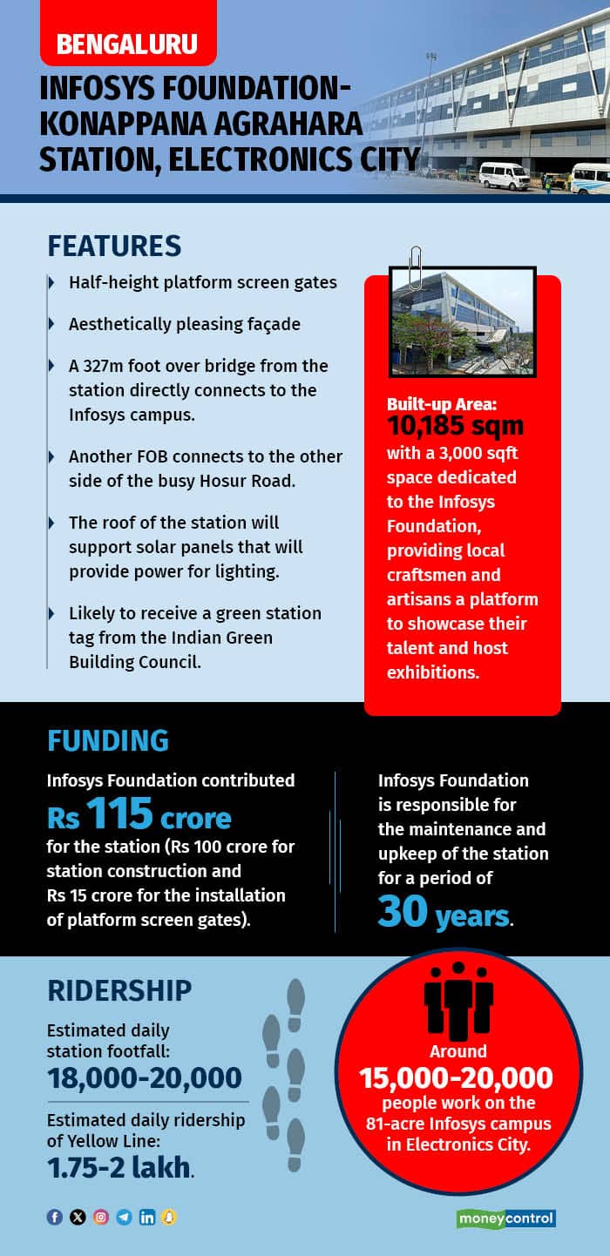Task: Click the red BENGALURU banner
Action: click(x=127, y=43)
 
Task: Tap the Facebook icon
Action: click(x=55, y=1217)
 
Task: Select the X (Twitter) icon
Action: click(x=78, y=1217)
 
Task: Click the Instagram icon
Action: click(x=101, y=1217)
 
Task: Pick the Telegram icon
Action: click(x=124, y=1217)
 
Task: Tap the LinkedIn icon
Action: click(x=146, y=1217)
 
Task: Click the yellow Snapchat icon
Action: click(x=168, y=1217)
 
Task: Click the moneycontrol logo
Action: click(x=505, y=1219)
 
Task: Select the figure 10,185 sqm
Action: click(x=456, y=426)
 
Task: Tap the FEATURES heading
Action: click(x=114, y=246)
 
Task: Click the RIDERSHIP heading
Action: click(x=119, y=990)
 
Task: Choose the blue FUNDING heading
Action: click(x=107, y=740)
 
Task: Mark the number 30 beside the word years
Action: click(x=403, y=911)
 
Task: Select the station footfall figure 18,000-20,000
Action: click(x=144, y=1078)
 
